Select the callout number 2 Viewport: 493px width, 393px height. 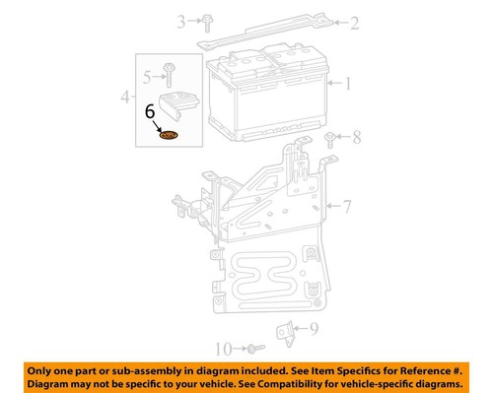tap(355, 21)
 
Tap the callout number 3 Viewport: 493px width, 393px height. tap(180, 21)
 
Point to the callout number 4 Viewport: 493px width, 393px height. tap(125, 98)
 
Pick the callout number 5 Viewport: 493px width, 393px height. tap(147, 76)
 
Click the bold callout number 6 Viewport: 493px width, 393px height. tap(150, 113)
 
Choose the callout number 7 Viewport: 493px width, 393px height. tap(346, 207)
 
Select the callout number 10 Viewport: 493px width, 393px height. tap(222, 349)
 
